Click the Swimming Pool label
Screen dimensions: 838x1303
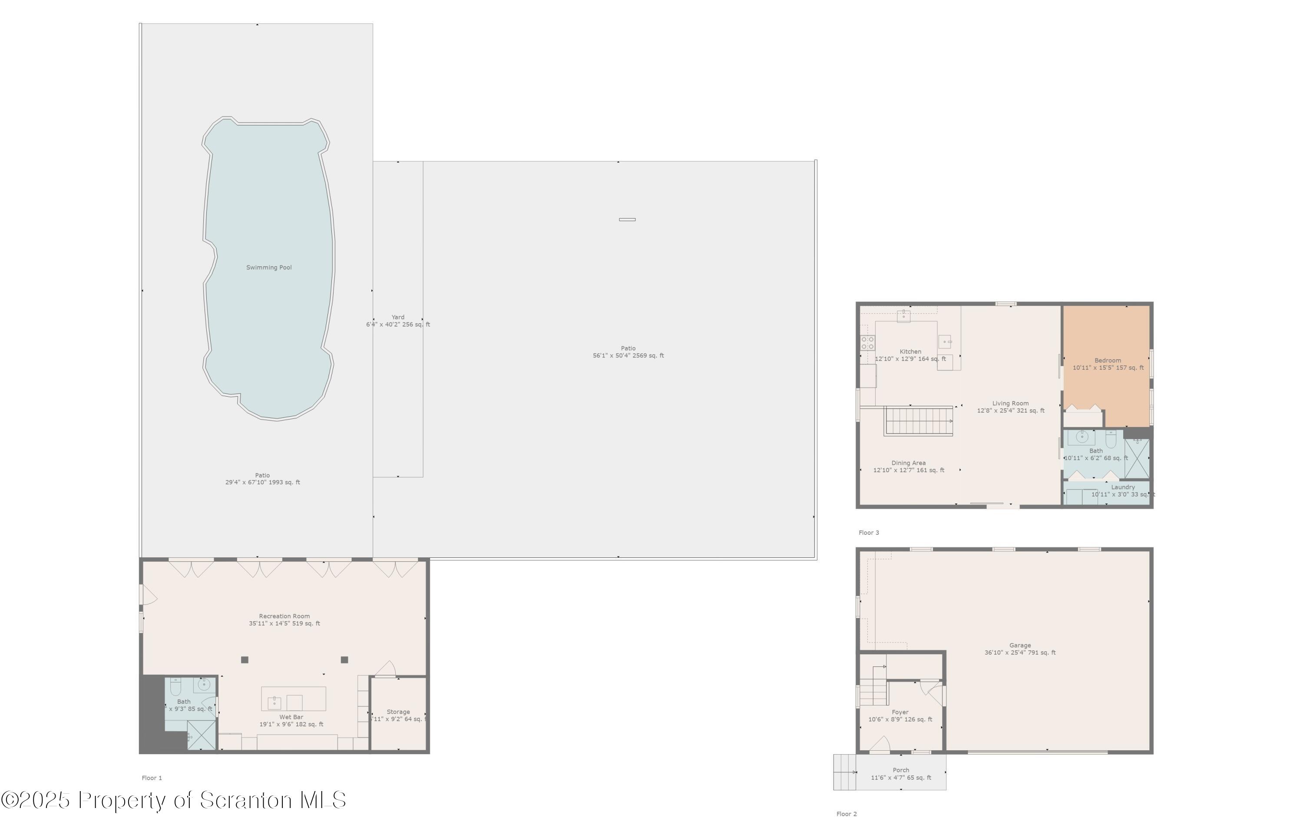[x=269, y=268]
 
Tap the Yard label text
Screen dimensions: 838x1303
[x=398, y=317]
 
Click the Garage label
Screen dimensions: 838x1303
[x=1019, y=646]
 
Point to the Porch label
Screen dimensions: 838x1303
[x=900, y=770]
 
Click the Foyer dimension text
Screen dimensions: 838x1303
[x=900, y=719]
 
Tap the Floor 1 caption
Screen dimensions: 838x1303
[x=152, y=778]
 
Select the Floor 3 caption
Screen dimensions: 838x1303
[x=868, y=533]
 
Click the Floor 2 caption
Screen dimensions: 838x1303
[x=846, y=814]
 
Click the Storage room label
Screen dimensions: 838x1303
[x=398, y=712]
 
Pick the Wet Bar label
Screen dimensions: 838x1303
[x=291, y=717]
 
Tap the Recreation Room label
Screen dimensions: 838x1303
[x=284, y=616]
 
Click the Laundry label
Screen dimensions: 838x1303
[x=1122, y=487]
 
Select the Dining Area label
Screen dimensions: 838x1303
[x=908, y=463]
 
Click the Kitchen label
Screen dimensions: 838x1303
[x=910, y=351]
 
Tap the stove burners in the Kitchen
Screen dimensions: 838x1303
[x=867, y=343]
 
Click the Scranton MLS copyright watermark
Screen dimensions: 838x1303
[x=173, y=800]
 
